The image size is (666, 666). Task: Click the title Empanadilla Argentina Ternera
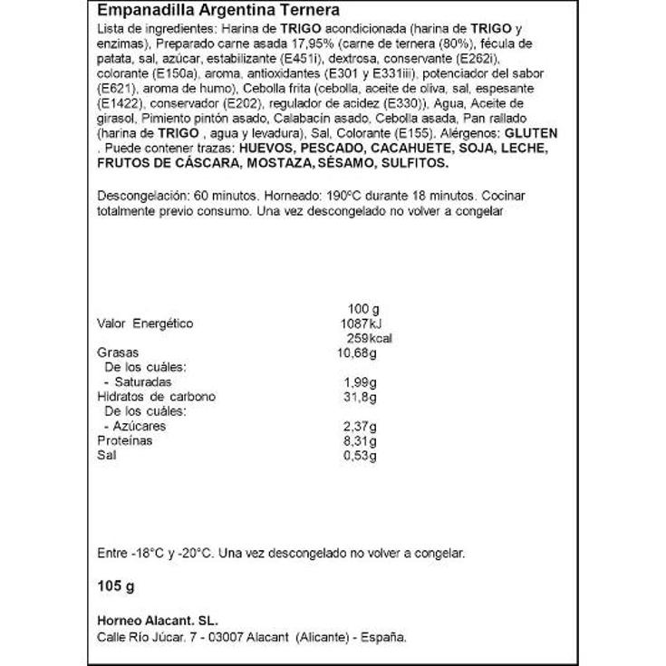coord(218,11)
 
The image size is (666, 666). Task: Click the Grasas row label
coord(116,352)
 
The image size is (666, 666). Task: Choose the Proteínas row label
coord(124,439)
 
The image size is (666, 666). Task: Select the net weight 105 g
coord(115,587)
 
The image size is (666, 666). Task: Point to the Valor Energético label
coord(144,324)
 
